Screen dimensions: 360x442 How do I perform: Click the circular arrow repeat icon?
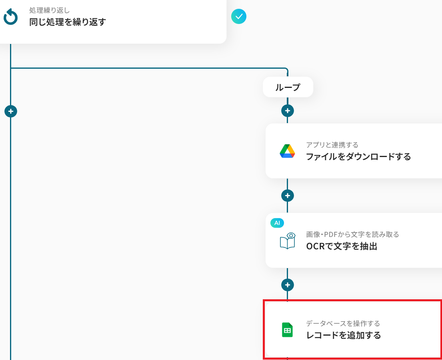tap(10, 17)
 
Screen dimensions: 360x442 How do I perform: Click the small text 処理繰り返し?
tap(50, 10)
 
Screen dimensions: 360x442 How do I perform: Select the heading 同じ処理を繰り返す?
tap(68, 22)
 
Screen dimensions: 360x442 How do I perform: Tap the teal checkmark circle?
tap(239, 16)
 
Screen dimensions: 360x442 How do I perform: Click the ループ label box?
tap(288, 87)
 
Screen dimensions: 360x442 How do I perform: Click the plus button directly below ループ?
tap(288, 110)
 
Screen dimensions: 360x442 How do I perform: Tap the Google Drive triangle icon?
tap(287, 151)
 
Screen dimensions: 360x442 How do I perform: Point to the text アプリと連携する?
tap(332, 145)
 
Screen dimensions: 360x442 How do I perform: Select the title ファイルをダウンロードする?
tap(358, 157)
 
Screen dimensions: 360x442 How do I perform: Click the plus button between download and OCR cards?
tap(288, 195)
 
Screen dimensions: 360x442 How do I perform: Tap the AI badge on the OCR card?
tap(277, 223)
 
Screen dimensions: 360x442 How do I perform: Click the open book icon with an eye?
tap(287, 241)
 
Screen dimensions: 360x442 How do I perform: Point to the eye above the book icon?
tap(291, 235)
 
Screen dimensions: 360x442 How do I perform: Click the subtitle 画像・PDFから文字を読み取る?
tap(352, 235)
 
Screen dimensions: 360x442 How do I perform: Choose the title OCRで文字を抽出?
tap(342, 246)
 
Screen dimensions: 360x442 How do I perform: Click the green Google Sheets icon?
tap(287, 330)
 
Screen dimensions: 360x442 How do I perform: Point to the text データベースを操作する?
tap(343, 323)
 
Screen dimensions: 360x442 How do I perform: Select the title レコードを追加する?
tap(343, 335)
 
